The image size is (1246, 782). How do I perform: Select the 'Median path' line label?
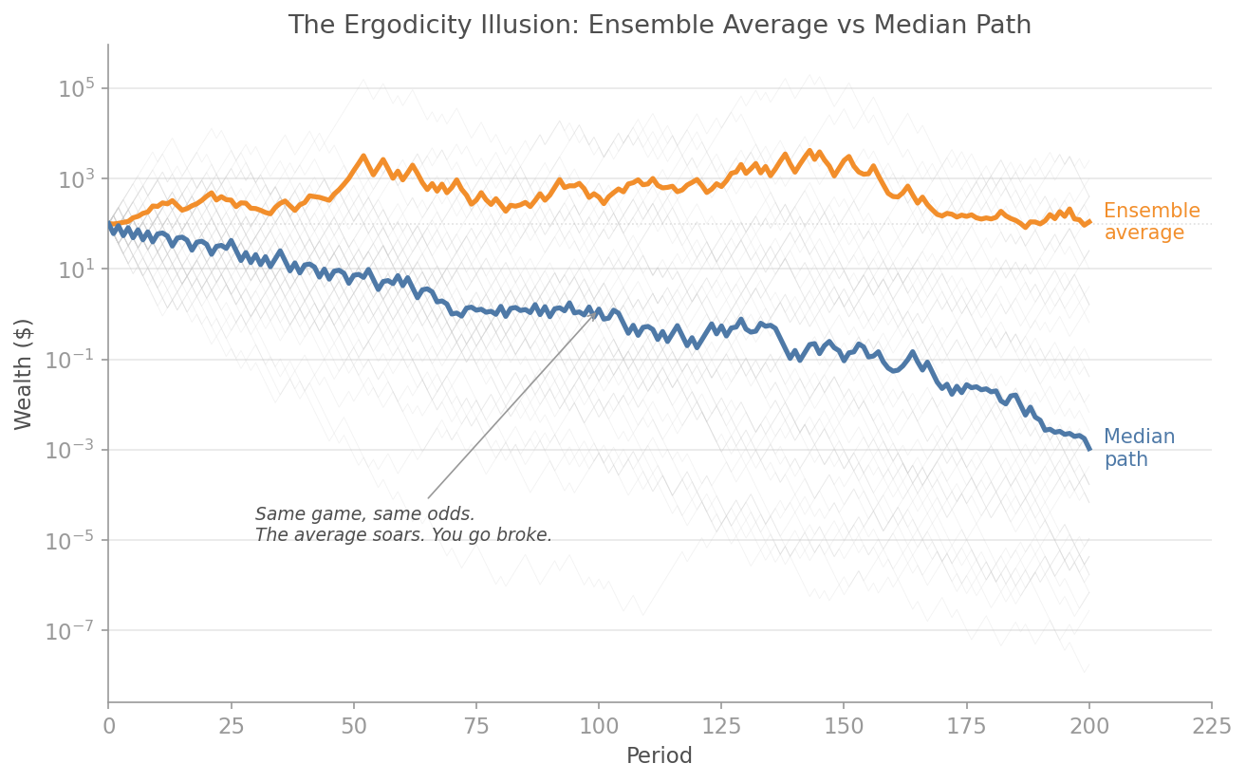pos(1139,448)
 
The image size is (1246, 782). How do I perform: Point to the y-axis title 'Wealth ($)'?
pos(24,374)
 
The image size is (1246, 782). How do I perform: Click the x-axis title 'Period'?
pos(659,756)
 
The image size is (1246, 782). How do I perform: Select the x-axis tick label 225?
pos(1211,727)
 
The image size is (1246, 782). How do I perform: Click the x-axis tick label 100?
pos(598,727)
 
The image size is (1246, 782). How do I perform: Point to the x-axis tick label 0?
pos(108,727)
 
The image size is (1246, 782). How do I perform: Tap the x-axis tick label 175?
pos(966,727)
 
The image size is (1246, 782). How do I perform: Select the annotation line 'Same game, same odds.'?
pos(364,514)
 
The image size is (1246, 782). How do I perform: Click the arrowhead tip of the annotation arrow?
pos(599,310)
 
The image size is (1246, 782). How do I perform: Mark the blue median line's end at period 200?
pos(1089,449)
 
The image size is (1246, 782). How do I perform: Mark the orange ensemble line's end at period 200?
pos(1089,221)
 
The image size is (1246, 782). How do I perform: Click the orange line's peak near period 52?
pos(363,157)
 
